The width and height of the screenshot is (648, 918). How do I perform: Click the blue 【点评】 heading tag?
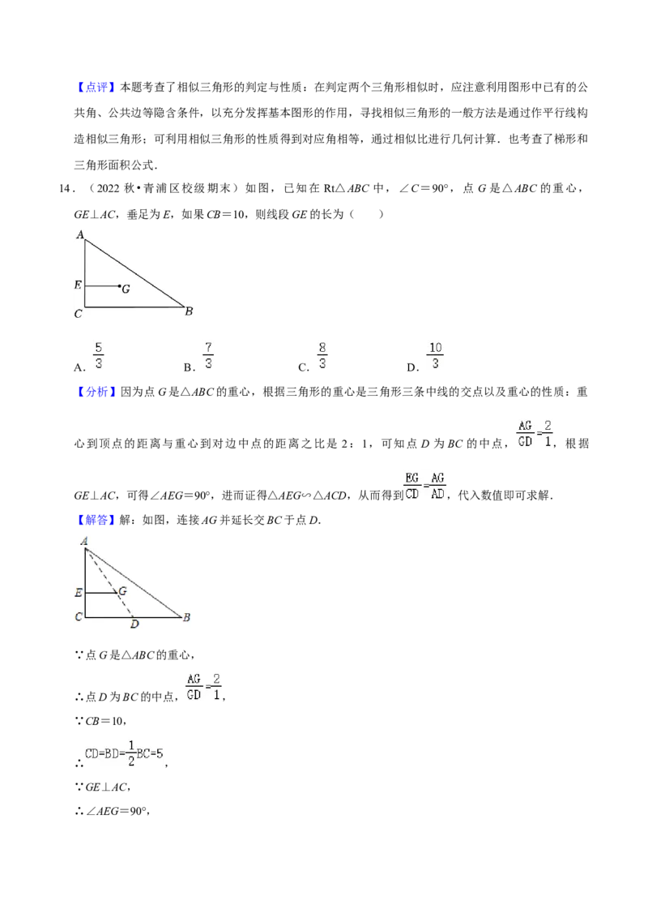[96, 88]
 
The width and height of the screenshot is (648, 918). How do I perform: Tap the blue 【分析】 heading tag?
[96, 392]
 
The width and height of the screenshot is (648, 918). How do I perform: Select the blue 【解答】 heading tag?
[96, 520]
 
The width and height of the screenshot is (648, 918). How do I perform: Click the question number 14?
[66, 188]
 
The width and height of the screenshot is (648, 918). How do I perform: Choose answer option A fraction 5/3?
[98, 356]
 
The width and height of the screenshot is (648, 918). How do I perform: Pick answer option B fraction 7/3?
[208, 356]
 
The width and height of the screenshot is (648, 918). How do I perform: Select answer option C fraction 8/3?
[322, 356]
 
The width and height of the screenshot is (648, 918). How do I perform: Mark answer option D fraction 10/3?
[435, 356]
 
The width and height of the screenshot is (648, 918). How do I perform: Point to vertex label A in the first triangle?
[80, 234]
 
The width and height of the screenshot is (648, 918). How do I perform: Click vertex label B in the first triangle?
[189, 311]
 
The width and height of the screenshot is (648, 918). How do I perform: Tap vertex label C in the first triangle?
[79, 314]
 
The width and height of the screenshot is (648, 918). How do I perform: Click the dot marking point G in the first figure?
[120, 286]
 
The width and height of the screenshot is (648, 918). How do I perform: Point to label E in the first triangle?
[78, 285]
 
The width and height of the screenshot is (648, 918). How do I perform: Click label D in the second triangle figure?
[135, 624]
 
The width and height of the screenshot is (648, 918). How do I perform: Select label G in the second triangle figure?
[123, 591]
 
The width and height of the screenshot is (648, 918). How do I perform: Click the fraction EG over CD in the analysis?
[411, 486]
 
